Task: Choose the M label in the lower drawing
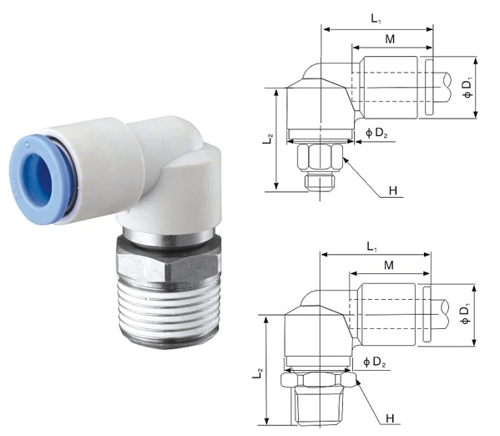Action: pyautogui.click(x=389, y=266)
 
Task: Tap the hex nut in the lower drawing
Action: pyautogui.click(x=320, y=379)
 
